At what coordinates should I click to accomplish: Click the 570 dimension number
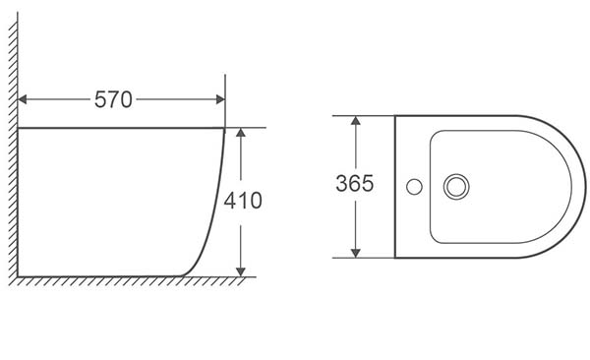click(x=113, y=99)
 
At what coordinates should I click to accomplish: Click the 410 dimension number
click(x=243, y=201)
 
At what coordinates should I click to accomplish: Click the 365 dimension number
click(x=355, y=183)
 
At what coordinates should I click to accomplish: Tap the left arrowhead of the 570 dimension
click(x=23, y=99)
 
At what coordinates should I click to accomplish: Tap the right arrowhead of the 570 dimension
click(x=220, y=99)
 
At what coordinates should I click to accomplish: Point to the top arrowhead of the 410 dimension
click(x=241, y=132)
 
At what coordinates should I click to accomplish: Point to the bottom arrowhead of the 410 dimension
click(x=241, y=271)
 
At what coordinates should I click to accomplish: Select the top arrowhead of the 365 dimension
click(x=356, y=121)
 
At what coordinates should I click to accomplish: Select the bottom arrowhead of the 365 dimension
click(x=356, y=253)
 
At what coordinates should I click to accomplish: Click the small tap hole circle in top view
click(x=414, y=187)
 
